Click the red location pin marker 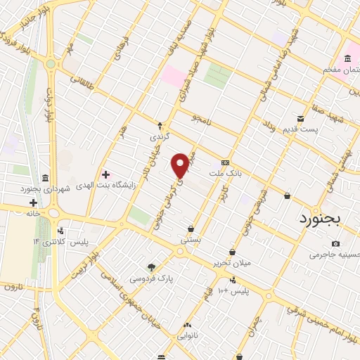[x=181, y=165]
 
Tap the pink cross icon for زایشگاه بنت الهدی [x=105, y=174]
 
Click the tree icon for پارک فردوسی [x=151, y=266]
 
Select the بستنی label [x=191, y=239]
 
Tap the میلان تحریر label [x=231, y=263]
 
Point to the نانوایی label [x=187, y=336]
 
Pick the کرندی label [x=160, y=136]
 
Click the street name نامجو [x=207, y=117]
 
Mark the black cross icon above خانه [x=32, y=202]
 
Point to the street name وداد [x=269, y=124]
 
